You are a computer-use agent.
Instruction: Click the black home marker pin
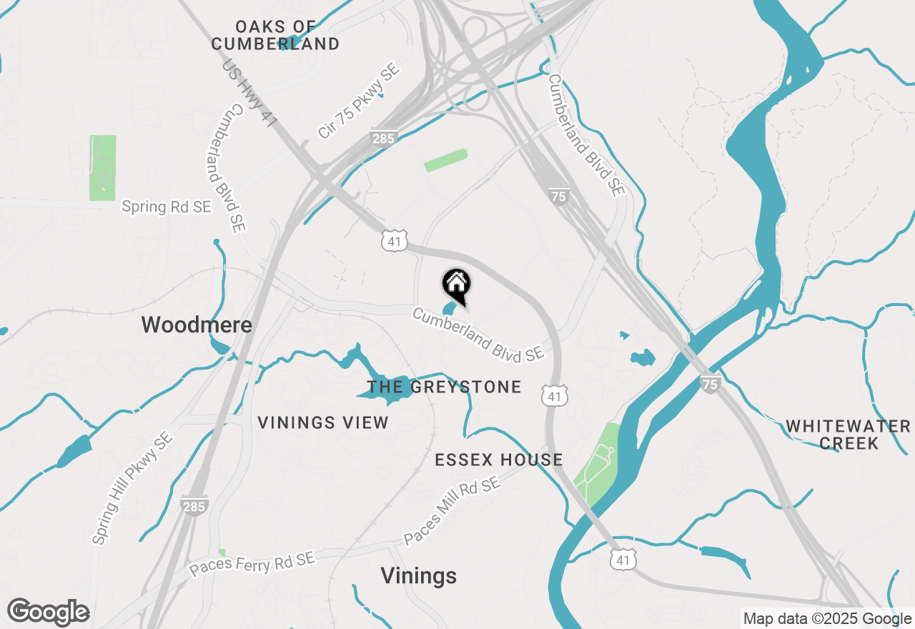[457, 285]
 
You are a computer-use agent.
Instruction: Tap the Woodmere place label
[197, 325]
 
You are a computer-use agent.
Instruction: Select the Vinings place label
[418, 575]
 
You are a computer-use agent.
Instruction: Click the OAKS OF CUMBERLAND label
[276, 36]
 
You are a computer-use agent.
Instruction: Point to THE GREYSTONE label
[444, 387]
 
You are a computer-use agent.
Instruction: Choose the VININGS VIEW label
[323, 422]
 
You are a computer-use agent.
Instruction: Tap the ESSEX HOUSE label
[499, 460]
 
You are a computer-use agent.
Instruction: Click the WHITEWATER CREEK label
[849, 435]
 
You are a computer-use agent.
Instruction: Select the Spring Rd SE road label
[167, 207]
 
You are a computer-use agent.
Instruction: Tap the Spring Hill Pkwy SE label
[132, 488]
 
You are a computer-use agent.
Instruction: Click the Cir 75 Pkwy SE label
[359, 101]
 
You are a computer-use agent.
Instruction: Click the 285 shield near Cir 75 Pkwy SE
[384, 137]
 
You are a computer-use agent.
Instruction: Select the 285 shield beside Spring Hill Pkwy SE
[194, 505]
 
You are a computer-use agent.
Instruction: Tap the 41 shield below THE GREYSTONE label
[555, 395]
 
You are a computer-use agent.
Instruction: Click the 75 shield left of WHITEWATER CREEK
[710, 384]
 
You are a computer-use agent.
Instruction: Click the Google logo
[48, 612]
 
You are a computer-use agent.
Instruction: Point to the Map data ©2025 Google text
[827, 619]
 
